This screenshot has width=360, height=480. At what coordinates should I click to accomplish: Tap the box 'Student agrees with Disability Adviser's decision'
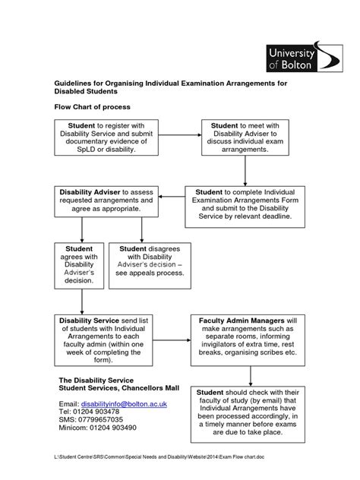(x=79, y=265)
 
